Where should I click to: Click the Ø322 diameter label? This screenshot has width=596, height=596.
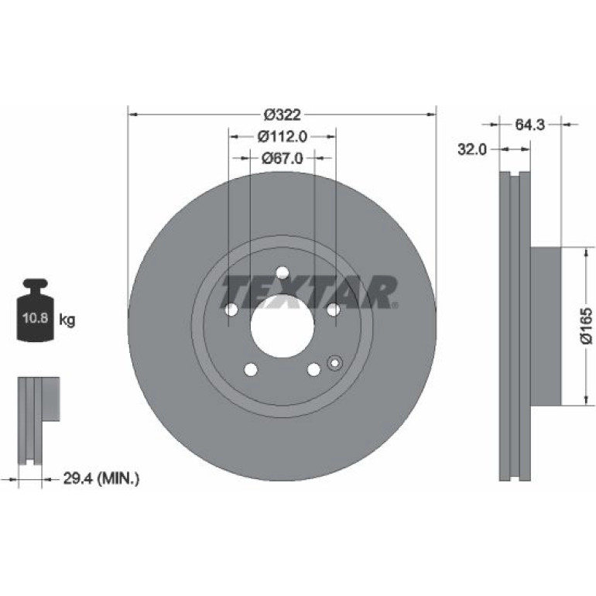tap(283, 115)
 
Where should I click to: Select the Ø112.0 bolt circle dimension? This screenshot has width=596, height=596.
tap(283, 136)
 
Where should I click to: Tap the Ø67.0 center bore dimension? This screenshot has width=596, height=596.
tap(283, 158)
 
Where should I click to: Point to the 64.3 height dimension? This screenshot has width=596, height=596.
tap(530, 125)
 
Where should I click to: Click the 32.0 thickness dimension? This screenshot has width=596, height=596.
tap(471, 149)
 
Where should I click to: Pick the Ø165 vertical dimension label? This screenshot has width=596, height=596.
tap(587, 326)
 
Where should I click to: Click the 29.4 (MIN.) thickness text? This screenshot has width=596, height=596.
tap(101, 478)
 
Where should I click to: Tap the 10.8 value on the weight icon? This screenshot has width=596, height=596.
tap(36, 317)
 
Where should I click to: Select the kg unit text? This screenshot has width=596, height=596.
tap(67, 320)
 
